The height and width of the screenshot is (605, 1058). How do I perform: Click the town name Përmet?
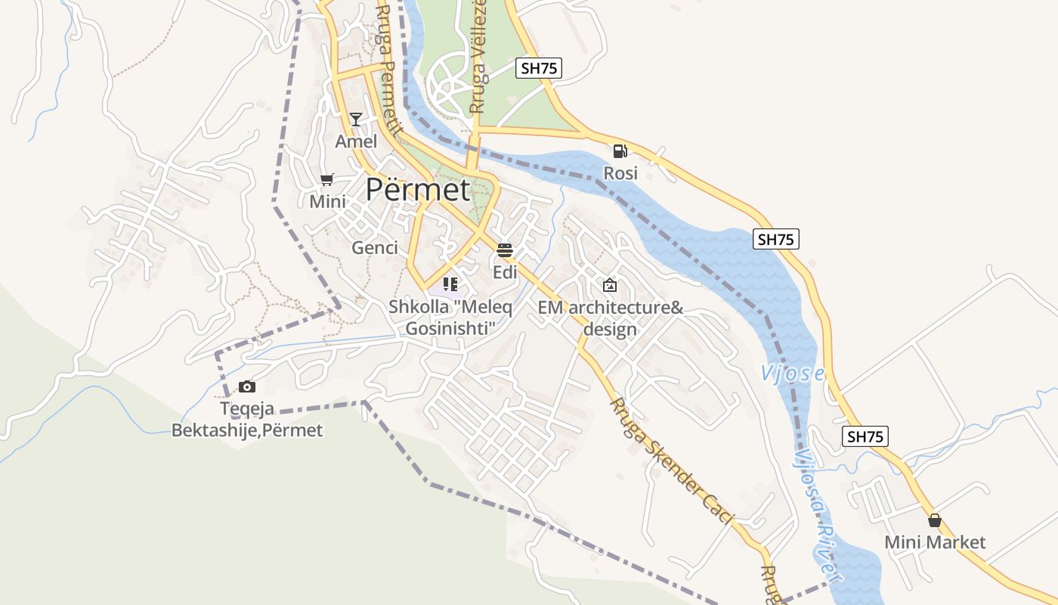click(x=417, y=189)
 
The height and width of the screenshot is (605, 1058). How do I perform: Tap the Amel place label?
click(x=356, y=141)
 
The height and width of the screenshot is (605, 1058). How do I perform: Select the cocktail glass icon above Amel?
click(x=356, y=119)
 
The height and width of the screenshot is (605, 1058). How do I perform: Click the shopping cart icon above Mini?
click(x=327, y=179)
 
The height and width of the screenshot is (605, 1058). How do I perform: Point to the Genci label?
click(x=375, y=247)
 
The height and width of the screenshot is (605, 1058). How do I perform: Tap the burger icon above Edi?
click(x=505, y=250)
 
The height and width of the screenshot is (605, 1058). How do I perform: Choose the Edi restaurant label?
click(x=505, y=272)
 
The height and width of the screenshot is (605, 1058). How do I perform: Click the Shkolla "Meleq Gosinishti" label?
click(x=450, y=318)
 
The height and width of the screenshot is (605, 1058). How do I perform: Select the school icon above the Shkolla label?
click(x=450, y=284)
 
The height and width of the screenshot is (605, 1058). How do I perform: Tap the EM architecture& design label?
click(x=611, y=318)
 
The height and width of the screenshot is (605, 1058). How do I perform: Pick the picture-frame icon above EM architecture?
click(x=610, y=285)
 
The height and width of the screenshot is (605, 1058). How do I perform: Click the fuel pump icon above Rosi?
click(x=620, y=151)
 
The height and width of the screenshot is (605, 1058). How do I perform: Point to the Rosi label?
click(x=620, y=173)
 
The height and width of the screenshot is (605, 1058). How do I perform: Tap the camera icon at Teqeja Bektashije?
click(x=247, y=387)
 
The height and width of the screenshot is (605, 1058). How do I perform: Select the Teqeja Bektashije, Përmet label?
click(x=247, y=420)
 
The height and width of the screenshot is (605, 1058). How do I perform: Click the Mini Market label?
click(x=935, y=542)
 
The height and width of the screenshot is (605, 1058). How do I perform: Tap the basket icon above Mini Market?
click(x=935, y=520)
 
